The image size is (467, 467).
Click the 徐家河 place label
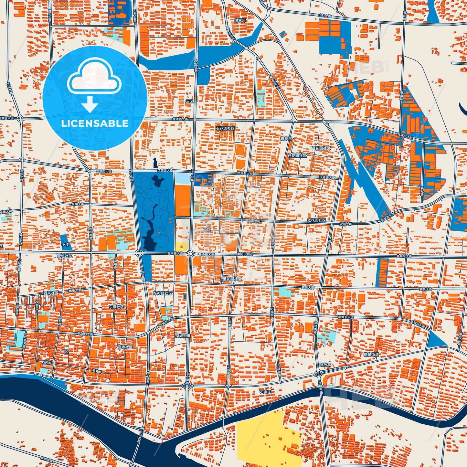[x=240, y=20]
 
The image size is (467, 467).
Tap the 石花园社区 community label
[x=225, y=128]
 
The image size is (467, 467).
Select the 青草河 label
[x=286, y=139]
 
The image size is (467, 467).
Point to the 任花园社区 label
[x=297, y=155]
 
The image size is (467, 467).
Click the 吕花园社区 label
[x=321, y=148]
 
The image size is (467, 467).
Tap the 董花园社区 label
[x=232, y=279]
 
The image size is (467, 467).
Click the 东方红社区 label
[x=163, y=293]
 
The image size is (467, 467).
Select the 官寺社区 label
[x=125, y=347]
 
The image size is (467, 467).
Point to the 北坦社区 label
[x=65, y=256]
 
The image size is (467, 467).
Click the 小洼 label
[x=65, y=245]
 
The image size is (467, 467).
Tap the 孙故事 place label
[x=325, y=365]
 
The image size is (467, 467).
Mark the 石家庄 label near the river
[x=265, y=392]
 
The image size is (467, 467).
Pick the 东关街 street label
[x=97, y=370]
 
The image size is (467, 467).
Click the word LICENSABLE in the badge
[x=95, y=123]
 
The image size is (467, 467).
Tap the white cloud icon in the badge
[x=94, y=77]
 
